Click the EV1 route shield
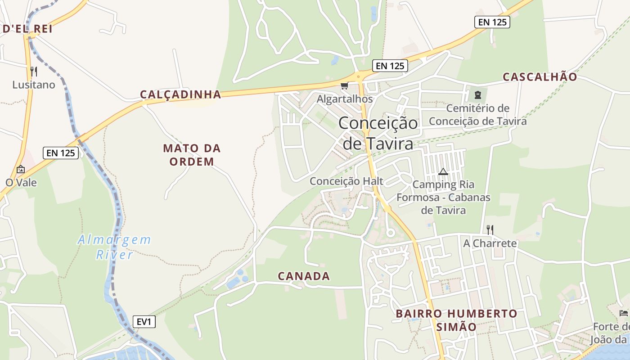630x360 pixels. click(x=144, y=322)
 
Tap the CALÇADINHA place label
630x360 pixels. click(x=180, y=94)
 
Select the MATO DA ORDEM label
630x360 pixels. click(x=192, y=155)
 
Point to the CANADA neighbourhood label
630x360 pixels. click(x=304, y=276)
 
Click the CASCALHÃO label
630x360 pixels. click(x=540, y=77)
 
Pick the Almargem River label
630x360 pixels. click(x=114, y=247)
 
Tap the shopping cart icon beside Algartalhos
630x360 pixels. click(x=344, y=85)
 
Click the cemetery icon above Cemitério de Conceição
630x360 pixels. click(x=477, y=95)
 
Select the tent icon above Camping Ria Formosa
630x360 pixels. click(x=443, y=171)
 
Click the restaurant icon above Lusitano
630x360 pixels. click(x=33, y=71)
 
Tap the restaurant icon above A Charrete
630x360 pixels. click(x=490, y=230)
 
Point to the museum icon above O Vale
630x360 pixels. click(x=21, y=170)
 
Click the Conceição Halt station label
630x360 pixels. click(x=346, y=181)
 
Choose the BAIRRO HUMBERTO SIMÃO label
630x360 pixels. click(x=456, y=320)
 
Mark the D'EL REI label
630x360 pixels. click(x=27, y=29)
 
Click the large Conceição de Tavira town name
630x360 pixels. click(x=378, y=133)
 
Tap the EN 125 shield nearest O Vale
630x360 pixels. click(x=61, y=153)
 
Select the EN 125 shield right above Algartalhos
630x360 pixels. click(x=390, y=66)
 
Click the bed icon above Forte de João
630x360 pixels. click(x=623, y=313)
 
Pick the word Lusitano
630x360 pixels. click(x=34, y=85)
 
